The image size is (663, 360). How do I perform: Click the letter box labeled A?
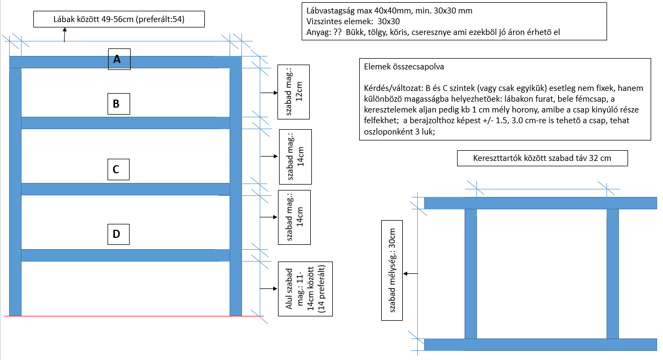(x=119, y=60)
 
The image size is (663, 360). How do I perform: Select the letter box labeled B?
(x=116, y=103)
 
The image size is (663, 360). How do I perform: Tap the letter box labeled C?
(x=116, y=169)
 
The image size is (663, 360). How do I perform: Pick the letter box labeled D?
(x=116, y=234)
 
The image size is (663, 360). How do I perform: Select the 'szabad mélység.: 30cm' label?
(x=393, y=270)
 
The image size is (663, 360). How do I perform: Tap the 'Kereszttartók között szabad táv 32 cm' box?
(x=542, y=159)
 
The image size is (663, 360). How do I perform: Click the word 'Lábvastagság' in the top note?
(x=329, y=11)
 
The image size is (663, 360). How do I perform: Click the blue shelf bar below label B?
(x=125, y=123)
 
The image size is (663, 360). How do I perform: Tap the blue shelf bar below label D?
(x=125, y=255)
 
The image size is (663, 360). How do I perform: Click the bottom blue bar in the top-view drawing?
(x=540, y=344)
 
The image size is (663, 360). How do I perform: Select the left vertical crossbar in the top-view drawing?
(x=470, y=273)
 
